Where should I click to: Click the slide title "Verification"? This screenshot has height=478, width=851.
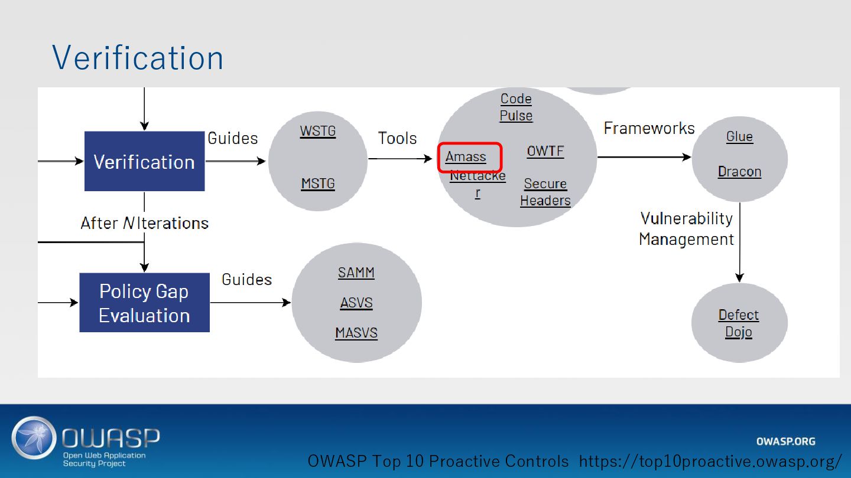[138, 57]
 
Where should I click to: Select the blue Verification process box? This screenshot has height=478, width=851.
[144, 161]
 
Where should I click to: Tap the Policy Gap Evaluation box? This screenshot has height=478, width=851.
[144, 303]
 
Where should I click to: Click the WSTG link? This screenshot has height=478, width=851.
[317, 130]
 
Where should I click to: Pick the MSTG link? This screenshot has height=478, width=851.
[317, 184]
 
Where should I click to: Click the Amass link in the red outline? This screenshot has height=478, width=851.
[466, 157]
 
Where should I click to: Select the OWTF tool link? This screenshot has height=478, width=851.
[545, 151]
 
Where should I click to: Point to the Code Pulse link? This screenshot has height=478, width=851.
[516, 107]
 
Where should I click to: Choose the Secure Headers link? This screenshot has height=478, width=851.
[545, 192]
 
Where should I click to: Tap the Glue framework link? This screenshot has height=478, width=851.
[739, 136]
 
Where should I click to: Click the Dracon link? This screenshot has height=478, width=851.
[739, 172]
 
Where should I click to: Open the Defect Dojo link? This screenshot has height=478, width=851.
[738, 323]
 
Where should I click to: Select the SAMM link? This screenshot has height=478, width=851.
[356, 273]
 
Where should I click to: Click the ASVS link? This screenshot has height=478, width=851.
[356, 303]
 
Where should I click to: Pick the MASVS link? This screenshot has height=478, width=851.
[356, 333]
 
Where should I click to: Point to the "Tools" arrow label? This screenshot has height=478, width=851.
[397, 138]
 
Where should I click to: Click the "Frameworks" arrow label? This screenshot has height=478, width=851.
[649, 128]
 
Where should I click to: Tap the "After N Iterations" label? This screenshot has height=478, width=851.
[144, 223]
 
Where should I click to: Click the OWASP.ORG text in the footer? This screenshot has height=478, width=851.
[785, 441]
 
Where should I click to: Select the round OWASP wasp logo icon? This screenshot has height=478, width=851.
[33, 438]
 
